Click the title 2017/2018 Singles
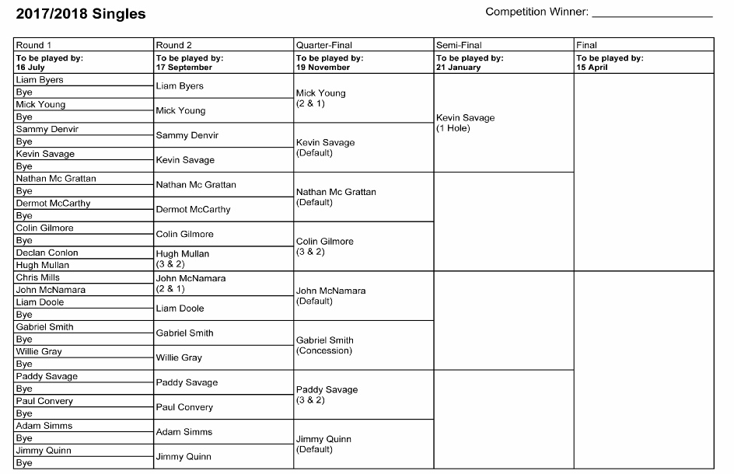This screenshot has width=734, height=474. click(x=80, y=14)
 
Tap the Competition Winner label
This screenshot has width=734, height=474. click(x=537, y=12)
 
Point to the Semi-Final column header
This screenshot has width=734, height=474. click(x=459, y=45)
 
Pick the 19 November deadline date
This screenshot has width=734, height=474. click(x=323, y=68)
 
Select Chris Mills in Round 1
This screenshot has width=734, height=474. click(x=38, y=277)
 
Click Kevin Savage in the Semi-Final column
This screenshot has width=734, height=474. click(x=465, y=118)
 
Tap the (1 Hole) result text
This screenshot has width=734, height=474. click(x=453, y=128)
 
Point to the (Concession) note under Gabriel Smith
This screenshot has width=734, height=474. click(x=324, y=350)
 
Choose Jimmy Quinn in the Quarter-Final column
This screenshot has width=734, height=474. click(x=323, y=439)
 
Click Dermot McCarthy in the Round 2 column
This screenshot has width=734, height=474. click(x=193, y=210)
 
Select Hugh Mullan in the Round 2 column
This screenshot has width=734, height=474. click(x=183, y=254)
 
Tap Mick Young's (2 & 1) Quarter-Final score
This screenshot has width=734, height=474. click(x=310, y=103)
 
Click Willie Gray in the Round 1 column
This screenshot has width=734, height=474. click(x=39, y=352)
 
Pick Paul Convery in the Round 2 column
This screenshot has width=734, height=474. click(x=184, y=407)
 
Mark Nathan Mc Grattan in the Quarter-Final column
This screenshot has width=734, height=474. click(x=336, y=192)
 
